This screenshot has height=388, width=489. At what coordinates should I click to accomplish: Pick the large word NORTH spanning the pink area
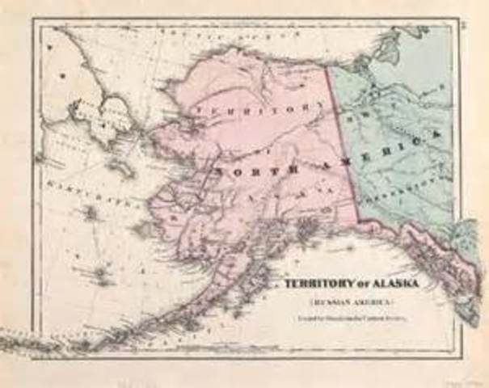click(242, 171)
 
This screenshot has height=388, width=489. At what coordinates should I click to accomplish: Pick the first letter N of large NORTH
click(220, 172)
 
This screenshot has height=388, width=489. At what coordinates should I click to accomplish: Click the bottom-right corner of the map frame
click(457, 356)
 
